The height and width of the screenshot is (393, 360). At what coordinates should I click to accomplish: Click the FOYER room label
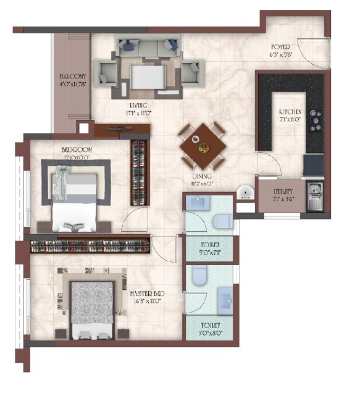point(285,47)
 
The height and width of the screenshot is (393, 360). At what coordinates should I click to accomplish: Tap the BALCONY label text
point(72,77)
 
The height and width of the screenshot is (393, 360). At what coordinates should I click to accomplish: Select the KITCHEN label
point(290,112)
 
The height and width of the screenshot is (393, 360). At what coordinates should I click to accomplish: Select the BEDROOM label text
point(77,150)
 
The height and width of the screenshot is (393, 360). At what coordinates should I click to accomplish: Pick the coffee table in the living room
point(148,78)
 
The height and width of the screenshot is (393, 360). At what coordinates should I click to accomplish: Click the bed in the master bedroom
point(92,309)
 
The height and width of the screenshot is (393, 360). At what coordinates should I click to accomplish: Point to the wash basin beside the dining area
point(245,193)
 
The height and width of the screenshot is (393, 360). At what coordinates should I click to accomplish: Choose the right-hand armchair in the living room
point(190,73)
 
